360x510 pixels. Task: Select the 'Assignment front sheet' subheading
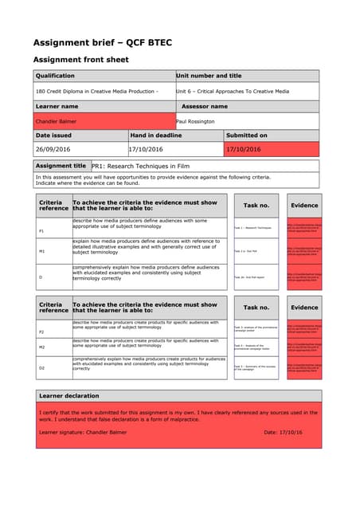coord(81,60)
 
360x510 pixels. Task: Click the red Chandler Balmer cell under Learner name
coord(104,121)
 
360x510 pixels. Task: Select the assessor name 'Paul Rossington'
coord(202,121)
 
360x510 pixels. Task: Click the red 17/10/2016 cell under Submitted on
coord(271,148)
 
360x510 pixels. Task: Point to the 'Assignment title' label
coord(62,166)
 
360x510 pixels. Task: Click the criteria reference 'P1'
coord(41,230)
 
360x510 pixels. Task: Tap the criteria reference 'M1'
coord(41,251)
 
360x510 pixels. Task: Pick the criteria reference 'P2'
coord(41,331)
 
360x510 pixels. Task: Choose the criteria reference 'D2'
coord(41,367)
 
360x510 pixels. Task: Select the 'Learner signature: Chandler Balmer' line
coord(83,433)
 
